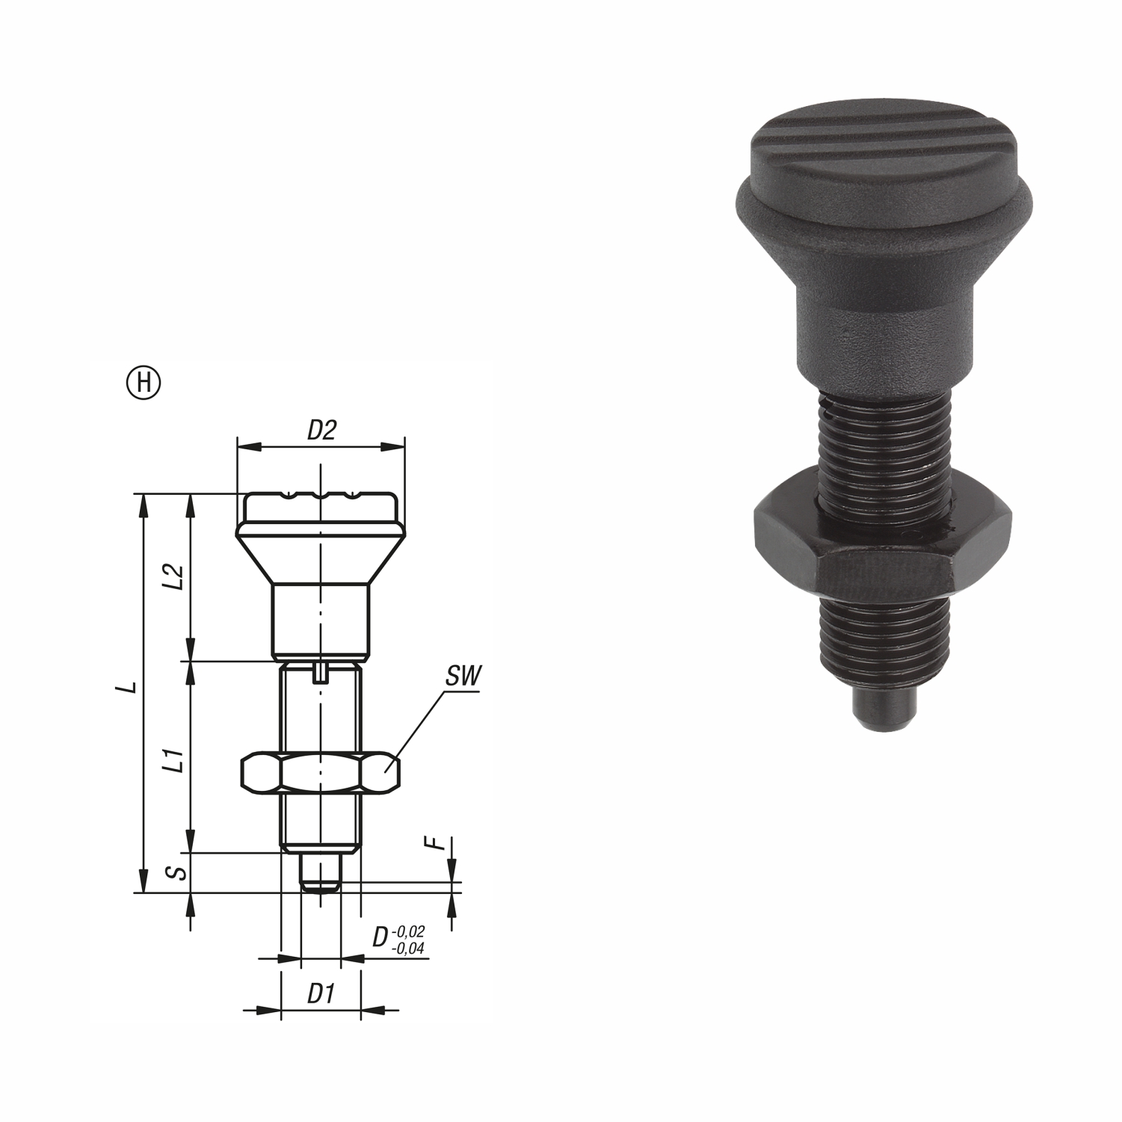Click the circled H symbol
[147, 382]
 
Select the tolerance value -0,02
[408, 931]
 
